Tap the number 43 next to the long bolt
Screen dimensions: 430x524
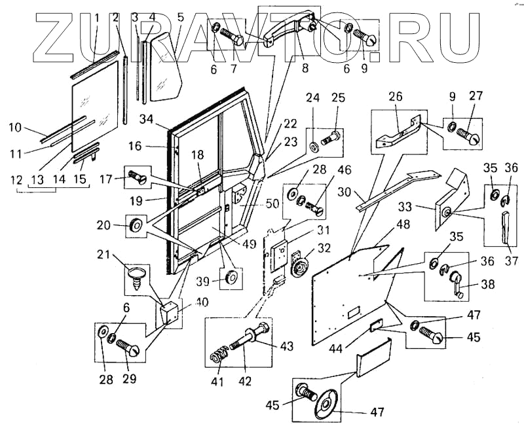289,346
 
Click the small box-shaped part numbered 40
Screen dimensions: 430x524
169,313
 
